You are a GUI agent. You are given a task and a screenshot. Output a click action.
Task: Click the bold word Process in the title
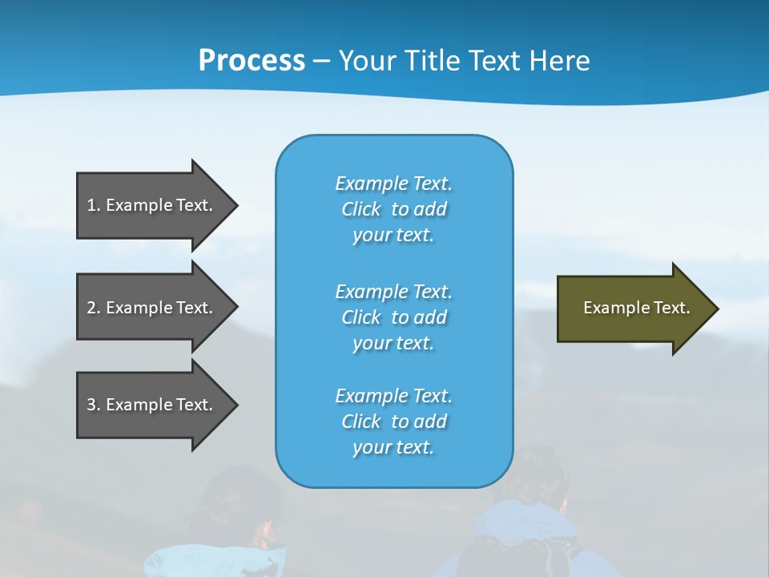[x=252, y=61]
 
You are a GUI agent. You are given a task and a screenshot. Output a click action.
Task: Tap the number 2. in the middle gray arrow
[x=94, y=308]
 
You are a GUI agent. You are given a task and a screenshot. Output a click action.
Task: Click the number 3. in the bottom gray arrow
[x=94, y=405]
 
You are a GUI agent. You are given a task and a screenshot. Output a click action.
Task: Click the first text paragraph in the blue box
[x=393, y=209]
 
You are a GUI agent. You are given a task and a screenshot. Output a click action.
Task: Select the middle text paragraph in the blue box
[x=393, y=317]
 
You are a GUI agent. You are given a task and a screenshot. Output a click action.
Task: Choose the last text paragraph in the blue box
[x=393, y=422]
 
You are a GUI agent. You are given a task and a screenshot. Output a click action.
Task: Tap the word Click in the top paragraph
[x=361, y=209]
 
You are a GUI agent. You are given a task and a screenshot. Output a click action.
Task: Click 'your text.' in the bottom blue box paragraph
[x=393, y=447]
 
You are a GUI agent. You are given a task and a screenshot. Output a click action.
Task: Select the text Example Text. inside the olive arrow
[x=636, y=308]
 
